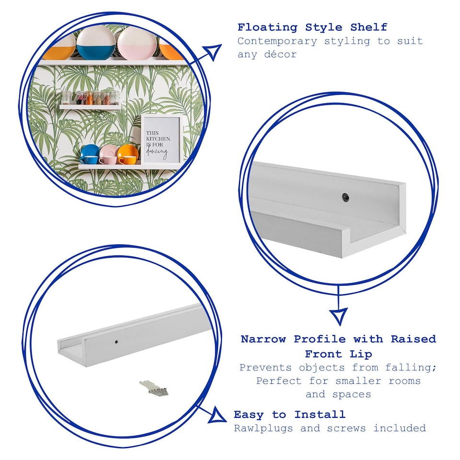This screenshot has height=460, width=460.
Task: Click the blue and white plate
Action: (x=96, y=43)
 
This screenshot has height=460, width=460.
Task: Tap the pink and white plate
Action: (x=137, y=44)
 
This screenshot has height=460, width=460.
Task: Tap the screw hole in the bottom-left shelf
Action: (x=116, y=342)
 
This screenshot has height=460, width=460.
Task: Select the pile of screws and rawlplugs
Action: (x=154, y=388)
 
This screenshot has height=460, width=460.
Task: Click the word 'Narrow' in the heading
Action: (x=264, y=339)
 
